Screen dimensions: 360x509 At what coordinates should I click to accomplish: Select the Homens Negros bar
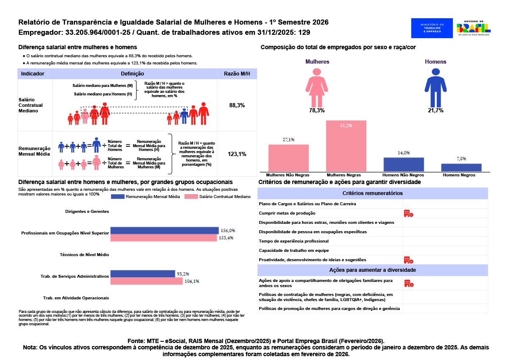[x=461, y=167]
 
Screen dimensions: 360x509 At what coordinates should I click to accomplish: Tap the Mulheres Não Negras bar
[x=288, y=158]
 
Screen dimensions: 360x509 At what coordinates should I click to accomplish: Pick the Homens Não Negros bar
[x=403, y=164]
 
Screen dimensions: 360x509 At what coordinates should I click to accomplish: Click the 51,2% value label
[x=346, y=126]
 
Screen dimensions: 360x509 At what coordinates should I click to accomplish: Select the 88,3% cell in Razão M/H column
[x=237, y=105]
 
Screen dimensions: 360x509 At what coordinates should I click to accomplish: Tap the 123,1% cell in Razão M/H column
[x=237, y=154]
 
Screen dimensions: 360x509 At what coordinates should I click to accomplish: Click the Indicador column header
[x=33, y=74]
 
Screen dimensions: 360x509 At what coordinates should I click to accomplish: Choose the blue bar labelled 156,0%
[x=164, y=231]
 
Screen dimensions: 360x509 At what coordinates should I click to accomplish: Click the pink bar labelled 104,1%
[x=146, y=281]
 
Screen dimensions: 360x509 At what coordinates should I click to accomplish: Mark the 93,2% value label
[x=183, y=274]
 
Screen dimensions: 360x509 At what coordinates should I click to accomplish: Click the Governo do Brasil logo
[x=474, y=28]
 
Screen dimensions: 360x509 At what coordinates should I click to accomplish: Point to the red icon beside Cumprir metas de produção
[x=408, y=213]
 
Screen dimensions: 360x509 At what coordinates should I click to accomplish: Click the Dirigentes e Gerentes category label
[x=87, y=211]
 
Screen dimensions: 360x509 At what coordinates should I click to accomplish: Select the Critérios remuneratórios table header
[x=373, y=193]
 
